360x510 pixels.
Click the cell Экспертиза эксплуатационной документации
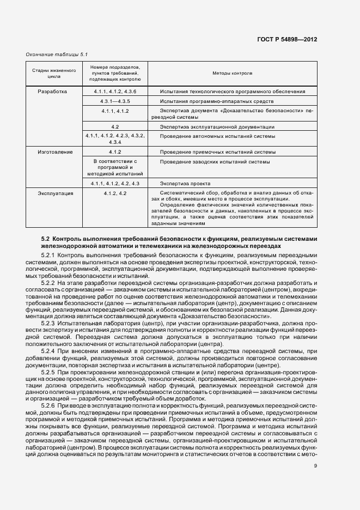(217, 126)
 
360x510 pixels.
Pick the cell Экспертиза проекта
(185, 184)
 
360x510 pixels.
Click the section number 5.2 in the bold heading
(45, 239)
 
